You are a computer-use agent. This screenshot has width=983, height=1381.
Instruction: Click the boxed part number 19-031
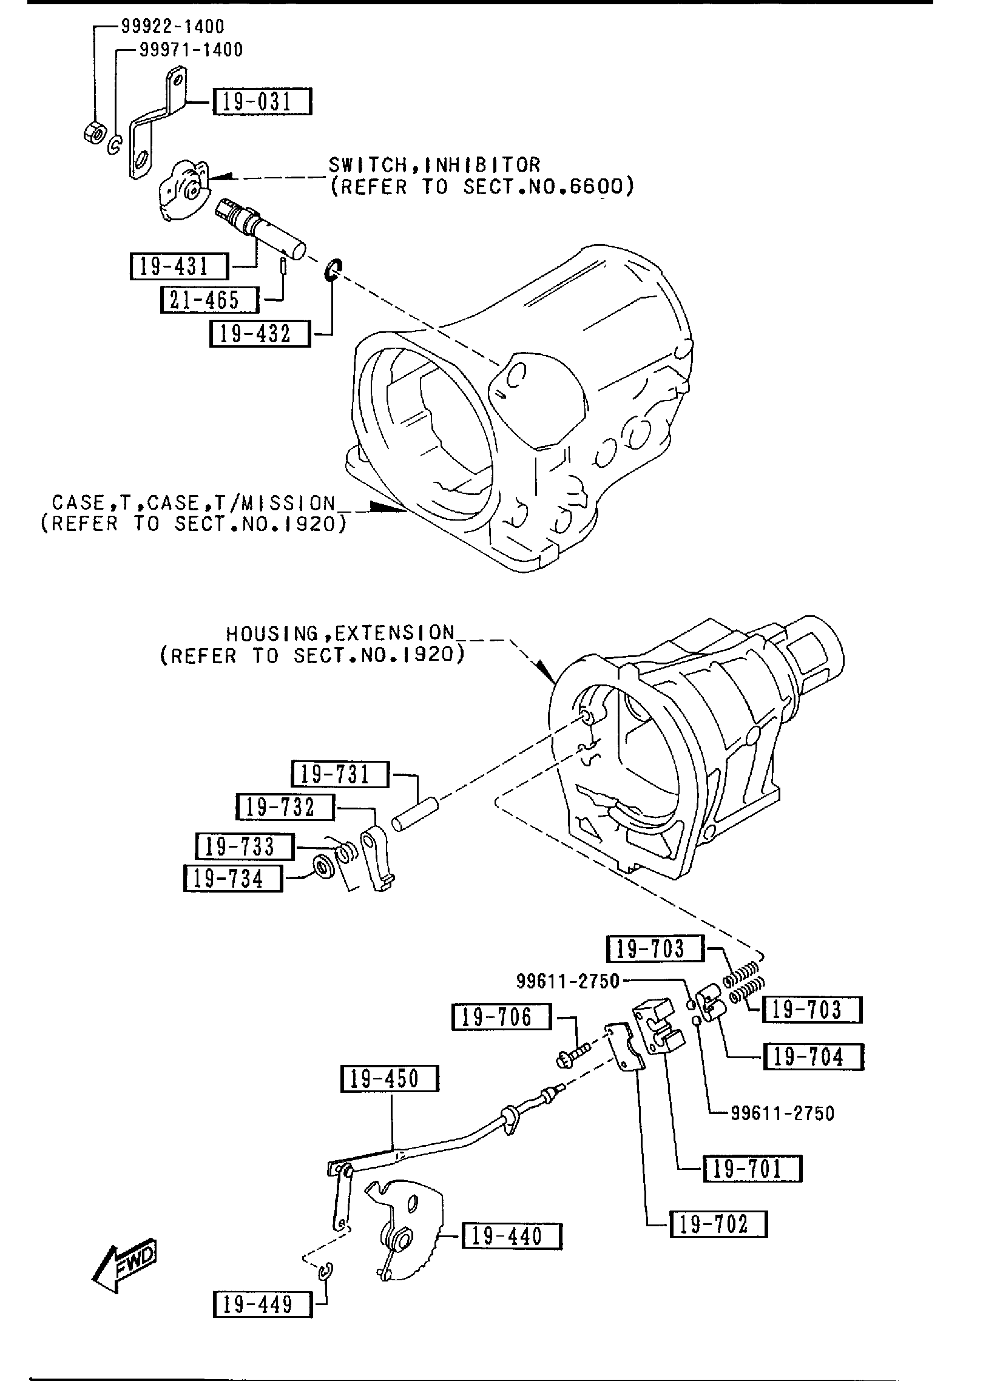262,101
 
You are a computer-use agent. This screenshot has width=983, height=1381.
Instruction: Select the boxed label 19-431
179,266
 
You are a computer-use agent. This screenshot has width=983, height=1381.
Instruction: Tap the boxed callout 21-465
209,300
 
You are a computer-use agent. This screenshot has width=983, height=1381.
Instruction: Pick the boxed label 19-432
259,334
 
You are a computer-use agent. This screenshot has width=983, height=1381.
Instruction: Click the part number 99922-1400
172,26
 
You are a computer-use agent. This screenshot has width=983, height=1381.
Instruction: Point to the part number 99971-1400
191,50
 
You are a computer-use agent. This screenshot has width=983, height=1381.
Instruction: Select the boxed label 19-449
263,1303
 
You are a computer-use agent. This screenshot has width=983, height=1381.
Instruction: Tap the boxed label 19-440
512,1236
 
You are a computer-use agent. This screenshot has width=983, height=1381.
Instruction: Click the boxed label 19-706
501,1017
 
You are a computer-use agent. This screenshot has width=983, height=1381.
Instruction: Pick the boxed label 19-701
752,1168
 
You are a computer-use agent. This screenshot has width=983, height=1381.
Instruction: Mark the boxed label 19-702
718,1224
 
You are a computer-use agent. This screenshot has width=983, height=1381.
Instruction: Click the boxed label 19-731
340,774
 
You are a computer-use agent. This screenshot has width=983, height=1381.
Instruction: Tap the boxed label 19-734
233,878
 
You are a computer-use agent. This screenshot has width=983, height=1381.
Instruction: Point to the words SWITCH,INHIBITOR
434,164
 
